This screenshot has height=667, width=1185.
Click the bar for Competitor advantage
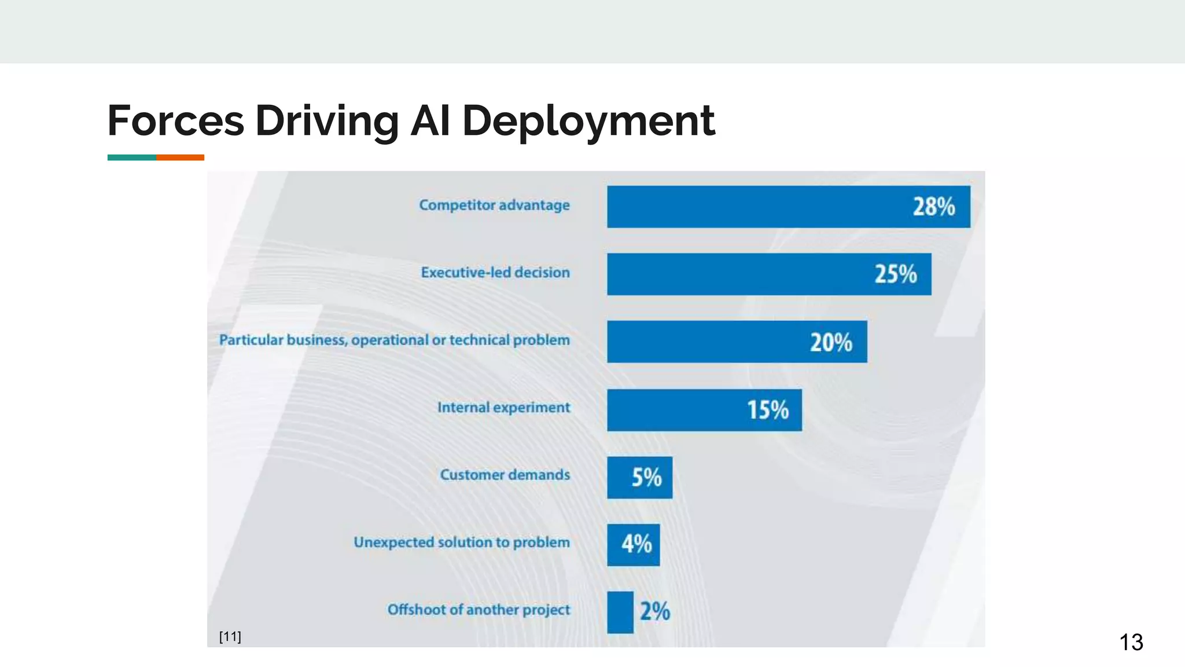pyautogui.click(x=752, y=207)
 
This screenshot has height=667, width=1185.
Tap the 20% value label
pyautogui.click(x=831, y=342)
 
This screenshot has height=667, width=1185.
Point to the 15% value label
pyautogui.click(x=767, y=410)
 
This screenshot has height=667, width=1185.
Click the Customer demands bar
pyautogui.click(x=619, y=478)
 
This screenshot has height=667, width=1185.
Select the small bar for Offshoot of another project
pyautogui.click(x=620, y=612)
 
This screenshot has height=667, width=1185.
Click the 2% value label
pyautogui.click(x=654, y=611)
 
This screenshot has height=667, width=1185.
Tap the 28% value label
pyautogui.click(x=933, y=207)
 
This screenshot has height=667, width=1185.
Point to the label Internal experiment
pyautogui.click(x=503, y=408)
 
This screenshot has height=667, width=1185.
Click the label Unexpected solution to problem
pyautogui.click(x=461, y=543)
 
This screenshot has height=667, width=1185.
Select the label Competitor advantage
pyautogui.click(x=494, y=205)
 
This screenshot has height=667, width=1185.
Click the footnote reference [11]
pyautogui.click(x=230, y=636)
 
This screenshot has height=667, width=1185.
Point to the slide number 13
pyautogui.click(x=1131, y=642)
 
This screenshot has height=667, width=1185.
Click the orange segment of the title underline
pyautogui.click(x=180, y=157)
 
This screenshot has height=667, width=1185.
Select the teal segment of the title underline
pyautogui.click(x=131, y=157)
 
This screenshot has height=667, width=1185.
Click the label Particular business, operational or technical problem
pyautogui.click(x=394, y=340)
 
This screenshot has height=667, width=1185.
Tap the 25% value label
pyautogui.click(x=895, y=274)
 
